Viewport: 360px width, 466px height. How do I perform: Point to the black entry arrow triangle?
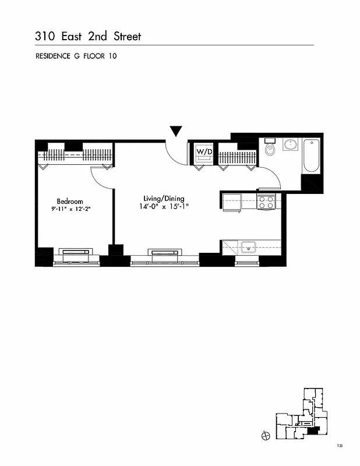(176, 131)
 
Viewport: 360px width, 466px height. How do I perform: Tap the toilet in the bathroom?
(270, 149)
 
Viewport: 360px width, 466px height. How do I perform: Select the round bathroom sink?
(290, 145)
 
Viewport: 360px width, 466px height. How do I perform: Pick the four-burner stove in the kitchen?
(266, 202)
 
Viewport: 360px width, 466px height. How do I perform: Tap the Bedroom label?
(70, 202)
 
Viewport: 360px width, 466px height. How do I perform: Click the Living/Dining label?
(164, 199)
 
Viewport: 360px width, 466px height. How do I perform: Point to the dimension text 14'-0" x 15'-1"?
(164, 206)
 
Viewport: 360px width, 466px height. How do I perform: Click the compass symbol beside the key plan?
(266, 436)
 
